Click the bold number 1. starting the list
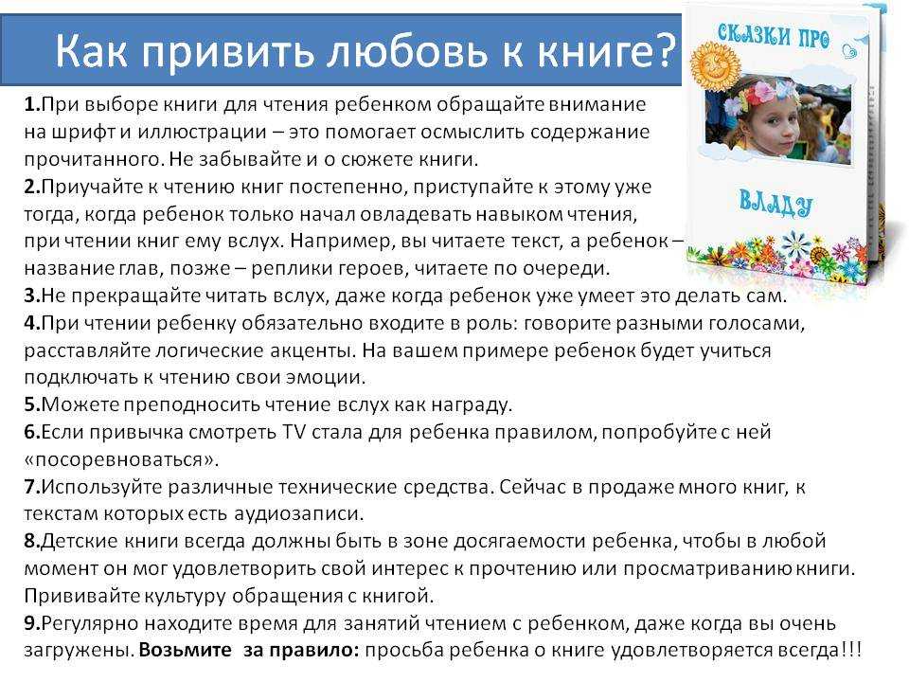pos(32,104)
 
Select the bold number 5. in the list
pos(32,404)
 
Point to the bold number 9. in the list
pos(32,623)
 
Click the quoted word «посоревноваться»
pos(122,459)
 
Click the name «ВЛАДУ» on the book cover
pos(775,204)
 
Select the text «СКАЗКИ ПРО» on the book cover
pos(774,35)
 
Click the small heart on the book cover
pos(850,50)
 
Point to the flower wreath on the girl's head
pos(759,97)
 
